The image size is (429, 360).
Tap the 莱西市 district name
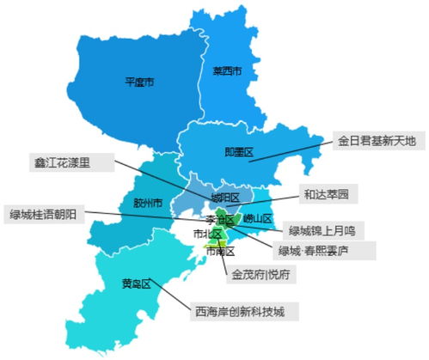pos(227,70)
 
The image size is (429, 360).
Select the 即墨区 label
pos(238,151)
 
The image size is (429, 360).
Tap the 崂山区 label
pos(256,218)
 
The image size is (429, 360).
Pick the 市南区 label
pos(220,251)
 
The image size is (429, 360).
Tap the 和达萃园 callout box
pos(325,195)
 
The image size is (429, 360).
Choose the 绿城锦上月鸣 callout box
pos(326,230)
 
